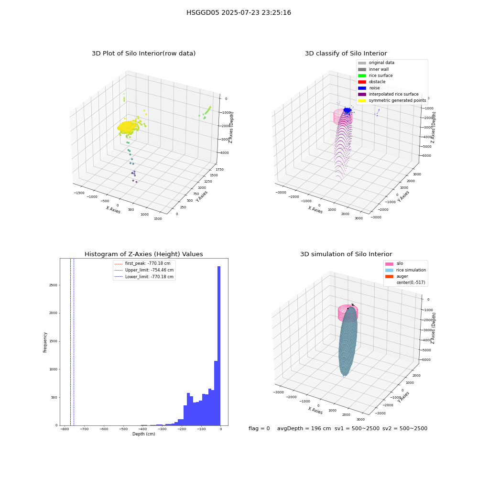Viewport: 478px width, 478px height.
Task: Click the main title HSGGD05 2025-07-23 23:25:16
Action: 239,12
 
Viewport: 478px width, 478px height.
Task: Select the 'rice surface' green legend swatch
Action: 362,76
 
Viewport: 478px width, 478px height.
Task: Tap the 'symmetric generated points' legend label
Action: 397,100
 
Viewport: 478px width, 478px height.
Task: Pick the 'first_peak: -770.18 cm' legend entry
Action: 142,263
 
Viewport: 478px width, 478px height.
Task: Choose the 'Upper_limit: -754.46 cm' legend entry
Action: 144,270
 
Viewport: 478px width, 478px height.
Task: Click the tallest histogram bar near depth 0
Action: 219,346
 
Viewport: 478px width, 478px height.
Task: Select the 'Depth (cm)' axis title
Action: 143,434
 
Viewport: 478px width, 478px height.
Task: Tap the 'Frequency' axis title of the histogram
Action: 45,342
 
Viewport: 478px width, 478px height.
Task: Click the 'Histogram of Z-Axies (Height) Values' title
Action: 143,254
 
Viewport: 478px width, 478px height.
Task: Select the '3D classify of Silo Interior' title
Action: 346,54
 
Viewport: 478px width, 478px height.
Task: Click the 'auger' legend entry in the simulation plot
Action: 397,276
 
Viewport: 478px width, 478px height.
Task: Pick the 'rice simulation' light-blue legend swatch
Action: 389,270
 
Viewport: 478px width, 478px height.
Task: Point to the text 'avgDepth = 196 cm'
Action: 304,428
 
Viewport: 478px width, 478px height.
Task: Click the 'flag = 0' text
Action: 259,428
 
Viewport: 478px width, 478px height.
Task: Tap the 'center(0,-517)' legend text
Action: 411,282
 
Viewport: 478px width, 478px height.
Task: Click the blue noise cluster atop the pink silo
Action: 347,110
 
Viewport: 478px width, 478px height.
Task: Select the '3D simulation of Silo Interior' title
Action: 346,254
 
